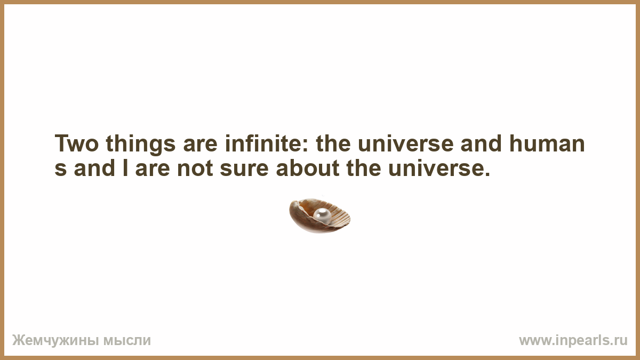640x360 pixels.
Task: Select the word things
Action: coord(140,145)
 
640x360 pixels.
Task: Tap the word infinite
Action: coord(263,142)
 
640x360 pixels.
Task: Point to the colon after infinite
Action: coord(305,146)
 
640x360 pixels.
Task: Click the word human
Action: coord(547,142)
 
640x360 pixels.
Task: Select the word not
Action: coord(195,168)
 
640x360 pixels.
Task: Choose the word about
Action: coord(308,167)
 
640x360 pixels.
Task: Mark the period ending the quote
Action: coord(487,173)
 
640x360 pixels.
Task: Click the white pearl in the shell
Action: coord(322,215)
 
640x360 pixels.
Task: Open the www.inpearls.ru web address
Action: coord(573,341)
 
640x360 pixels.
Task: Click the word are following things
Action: coord(200,145)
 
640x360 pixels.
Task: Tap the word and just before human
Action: coord(481,142)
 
